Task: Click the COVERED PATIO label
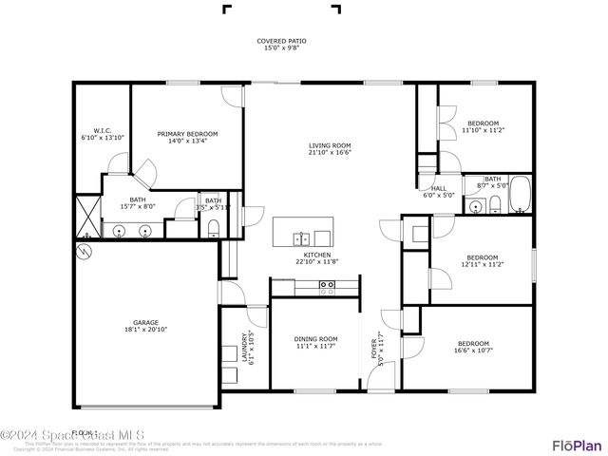click(x=281, y=42)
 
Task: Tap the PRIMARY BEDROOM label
click(x=187, y=135)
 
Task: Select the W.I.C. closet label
click(x=103, y=131)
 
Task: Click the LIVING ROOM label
click(x=330, y=146)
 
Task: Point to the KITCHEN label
click(x=316, y=256)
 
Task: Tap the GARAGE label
click(x=145, y=323)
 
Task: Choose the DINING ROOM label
click(x=315, y=339)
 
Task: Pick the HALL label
click(x=438, y=188)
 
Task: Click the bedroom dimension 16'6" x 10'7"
click(x=473, y=350)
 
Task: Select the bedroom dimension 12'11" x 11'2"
click(x=482, y=263)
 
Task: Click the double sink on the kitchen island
click(x=302, y=237)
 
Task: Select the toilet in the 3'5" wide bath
click(x=212, y=227)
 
